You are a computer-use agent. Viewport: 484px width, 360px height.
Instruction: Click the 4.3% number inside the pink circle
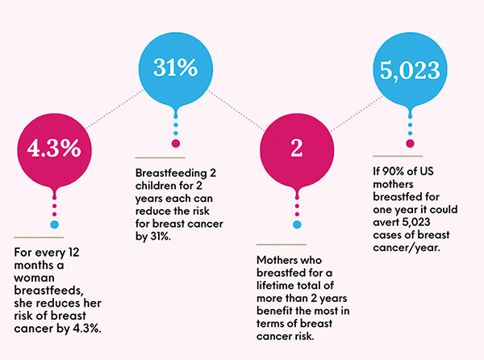click(54, 149)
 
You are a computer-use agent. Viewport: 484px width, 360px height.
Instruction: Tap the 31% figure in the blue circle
click(175, 67)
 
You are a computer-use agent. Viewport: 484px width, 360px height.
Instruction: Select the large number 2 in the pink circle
click(297, 149)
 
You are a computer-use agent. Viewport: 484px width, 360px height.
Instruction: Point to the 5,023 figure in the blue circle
click(410, 70)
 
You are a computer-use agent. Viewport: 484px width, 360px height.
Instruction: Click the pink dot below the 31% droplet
click(176, 144)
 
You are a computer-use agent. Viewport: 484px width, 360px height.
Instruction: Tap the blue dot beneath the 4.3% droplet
click(54, 224)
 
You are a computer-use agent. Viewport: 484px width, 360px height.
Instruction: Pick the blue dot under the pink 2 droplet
click(297, 224)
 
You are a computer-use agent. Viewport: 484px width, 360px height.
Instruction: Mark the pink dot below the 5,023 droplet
click(410, 144)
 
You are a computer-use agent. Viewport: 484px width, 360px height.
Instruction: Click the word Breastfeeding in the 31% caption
click(171, 174)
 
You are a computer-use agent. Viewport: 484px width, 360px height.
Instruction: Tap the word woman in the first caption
click(34, 278)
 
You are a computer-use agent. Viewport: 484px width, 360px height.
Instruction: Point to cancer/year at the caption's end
click(407, 248)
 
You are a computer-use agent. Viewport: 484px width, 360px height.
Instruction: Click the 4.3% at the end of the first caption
click(87, 329)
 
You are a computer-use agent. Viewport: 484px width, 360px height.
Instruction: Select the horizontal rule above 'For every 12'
click(39, 237)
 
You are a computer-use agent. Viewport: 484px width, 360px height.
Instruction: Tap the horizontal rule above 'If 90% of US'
click(398, 157)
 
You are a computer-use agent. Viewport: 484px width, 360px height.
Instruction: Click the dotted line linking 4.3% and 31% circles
click(115, 109)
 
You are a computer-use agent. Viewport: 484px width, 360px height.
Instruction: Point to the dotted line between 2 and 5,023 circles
click(357, 113)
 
